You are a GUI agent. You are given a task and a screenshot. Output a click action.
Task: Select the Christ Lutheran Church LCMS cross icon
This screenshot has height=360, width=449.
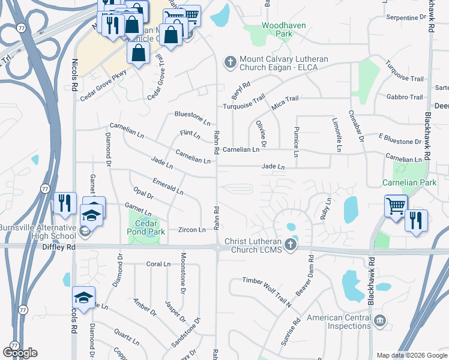pyautogui.click(x=291, y=244)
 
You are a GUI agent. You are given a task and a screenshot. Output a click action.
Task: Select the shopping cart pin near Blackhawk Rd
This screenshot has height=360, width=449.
pyautogui.click(x=396, y=206)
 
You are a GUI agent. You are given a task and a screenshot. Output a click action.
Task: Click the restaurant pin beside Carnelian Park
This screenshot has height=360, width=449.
pyautogui.click(x=416, y=220)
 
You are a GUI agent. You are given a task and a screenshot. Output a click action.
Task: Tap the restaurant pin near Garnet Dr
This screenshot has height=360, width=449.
pyautogui.click(x=65, y=203)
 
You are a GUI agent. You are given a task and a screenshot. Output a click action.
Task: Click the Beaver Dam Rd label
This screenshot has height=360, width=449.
pyautogui.click(x=305, y=275)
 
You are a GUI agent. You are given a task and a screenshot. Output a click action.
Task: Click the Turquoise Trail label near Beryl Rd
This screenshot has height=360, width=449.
pyautogui.click(x=244, y=103)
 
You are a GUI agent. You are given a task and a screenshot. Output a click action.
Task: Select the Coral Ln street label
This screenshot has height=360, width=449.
pyautogui.click(x=158, y=263)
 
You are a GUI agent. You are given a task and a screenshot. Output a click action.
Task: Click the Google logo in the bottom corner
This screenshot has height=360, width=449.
pyautogui.click(x=20, y=352)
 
